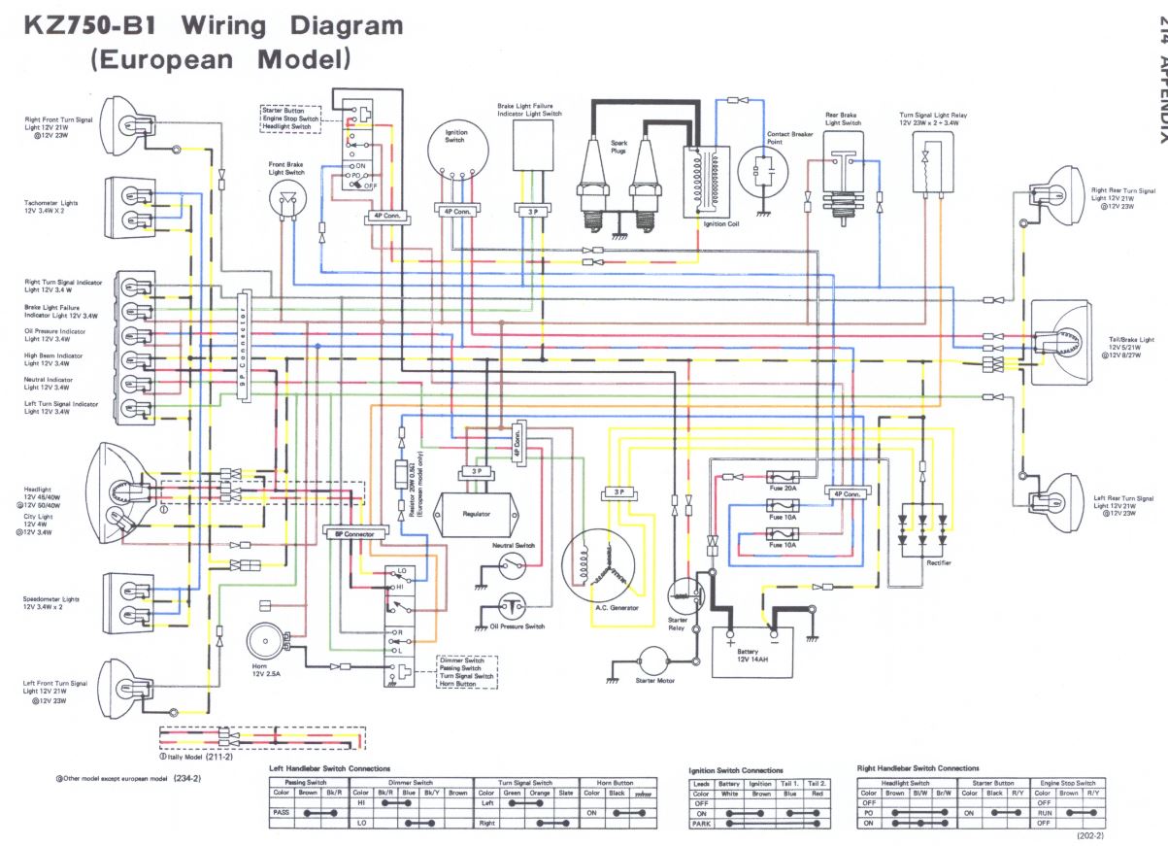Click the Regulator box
(x=476, y=513)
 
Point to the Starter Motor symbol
(x=653, y=661)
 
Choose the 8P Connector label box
(x=355, y=533)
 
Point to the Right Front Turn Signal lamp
(x=119, y=127)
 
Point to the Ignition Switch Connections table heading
(x=736, y=770)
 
